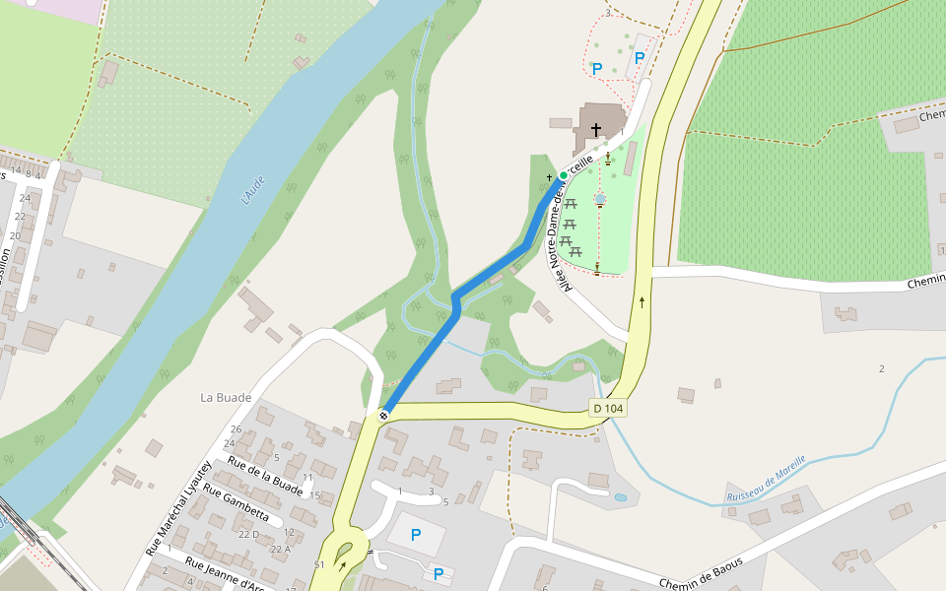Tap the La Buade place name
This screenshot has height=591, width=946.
[226, 397]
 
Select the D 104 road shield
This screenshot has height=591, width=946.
[608, 408]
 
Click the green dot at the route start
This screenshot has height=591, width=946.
[564, 175]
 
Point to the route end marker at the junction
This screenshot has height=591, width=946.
[382, 415]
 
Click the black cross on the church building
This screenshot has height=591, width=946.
[595, 129]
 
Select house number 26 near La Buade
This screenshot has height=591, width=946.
[236, 429]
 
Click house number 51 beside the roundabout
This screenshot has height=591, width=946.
[319, 564]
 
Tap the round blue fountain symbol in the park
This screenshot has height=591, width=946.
[599, 199]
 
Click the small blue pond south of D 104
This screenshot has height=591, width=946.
[621, 497]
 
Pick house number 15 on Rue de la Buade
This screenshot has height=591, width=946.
[315, 495]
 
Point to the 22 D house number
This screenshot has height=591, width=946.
[248, 534]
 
